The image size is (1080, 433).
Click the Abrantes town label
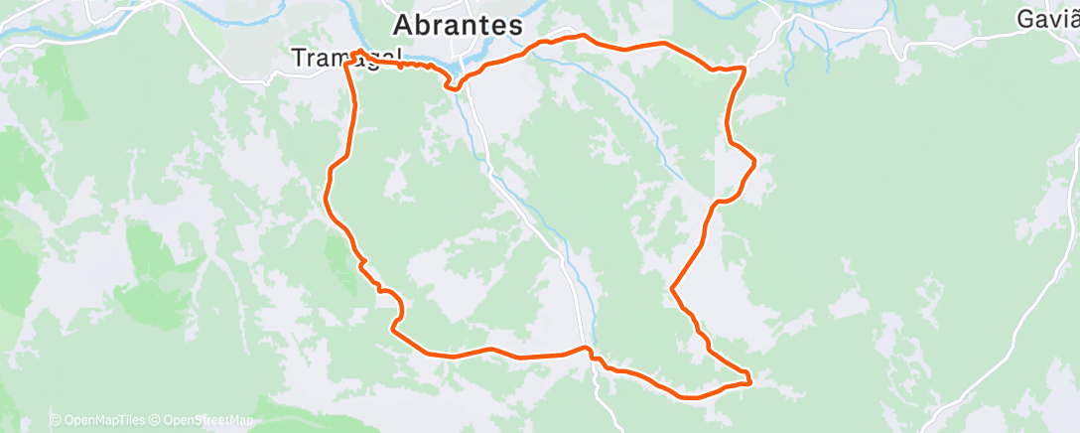458,26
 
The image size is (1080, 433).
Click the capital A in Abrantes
403,26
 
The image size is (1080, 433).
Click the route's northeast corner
743,68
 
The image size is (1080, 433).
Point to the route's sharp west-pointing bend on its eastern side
673,288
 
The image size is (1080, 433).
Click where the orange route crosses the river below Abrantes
458,78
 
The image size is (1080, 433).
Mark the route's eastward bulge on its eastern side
755,161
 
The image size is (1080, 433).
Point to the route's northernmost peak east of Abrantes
582,36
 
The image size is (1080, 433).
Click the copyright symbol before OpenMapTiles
56,420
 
